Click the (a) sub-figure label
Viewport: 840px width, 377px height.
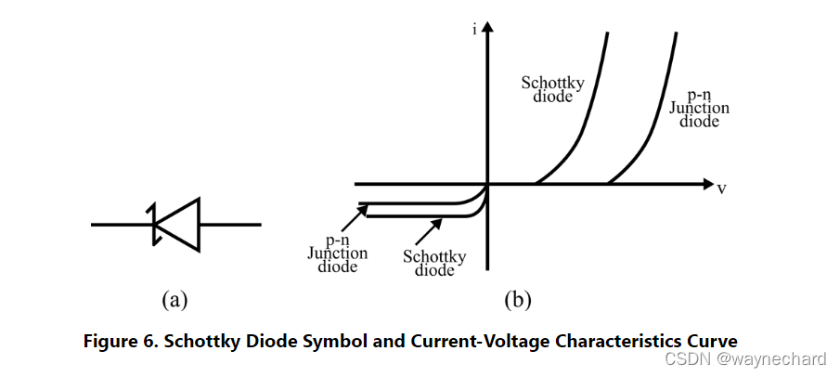click(175, 299)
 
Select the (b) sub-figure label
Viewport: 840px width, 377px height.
click(517, 299)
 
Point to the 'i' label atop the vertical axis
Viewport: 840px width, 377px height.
click(474, 31)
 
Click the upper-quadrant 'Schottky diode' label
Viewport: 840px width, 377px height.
click(552, 89)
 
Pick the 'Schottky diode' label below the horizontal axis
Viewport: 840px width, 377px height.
click(434, 263)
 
